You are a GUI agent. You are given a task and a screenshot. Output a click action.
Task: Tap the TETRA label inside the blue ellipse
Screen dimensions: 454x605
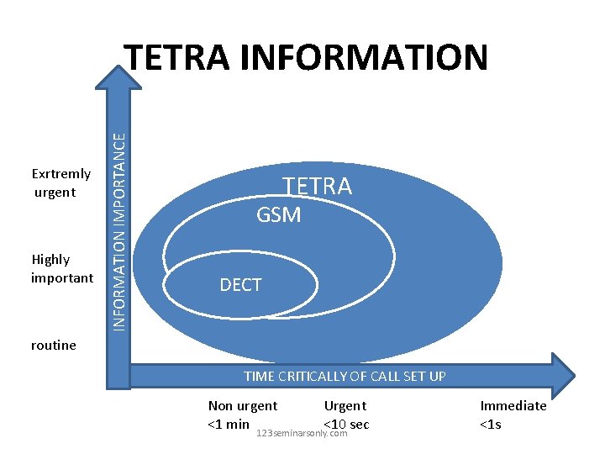tap(317, 186)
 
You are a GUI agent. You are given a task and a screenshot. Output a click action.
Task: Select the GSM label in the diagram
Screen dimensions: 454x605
tap(278, 215)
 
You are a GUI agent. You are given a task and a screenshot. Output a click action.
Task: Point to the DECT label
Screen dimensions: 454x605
tap(240, 285)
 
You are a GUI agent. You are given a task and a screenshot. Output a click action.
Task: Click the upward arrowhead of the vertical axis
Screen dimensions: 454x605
tap(118, 77)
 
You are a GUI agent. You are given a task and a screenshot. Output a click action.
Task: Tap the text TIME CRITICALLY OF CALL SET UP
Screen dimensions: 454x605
tap(345, 376)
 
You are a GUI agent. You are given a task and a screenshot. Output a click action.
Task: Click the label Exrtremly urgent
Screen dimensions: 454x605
tap(60, 183)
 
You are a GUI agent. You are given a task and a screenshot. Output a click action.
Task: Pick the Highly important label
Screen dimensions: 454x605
tap(61, 268)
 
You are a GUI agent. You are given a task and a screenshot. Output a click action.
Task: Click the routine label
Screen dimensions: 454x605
tap(53, 345)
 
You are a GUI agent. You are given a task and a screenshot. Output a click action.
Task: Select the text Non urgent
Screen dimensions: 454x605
tap(243, 405)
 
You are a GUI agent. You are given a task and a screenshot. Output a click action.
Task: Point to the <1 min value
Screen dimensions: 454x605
tap(228, 424)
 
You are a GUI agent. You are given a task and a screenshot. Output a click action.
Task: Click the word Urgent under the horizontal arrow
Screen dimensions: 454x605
tap(345, 405)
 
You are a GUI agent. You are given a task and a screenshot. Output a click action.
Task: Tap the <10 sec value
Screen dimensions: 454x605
tap(346, 423)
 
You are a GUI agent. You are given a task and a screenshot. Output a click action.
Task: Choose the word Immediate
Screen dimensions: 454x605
tap(513, 405)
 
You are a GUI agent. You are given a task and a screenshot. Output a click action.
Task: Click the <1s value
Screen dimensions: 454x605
tap(490, 424)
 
